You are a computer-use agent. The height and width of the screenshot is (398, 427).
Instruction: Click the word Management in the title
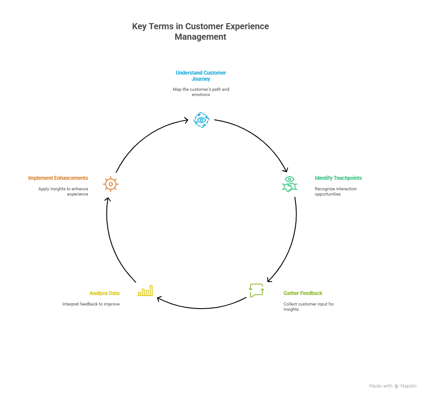pos(200,37)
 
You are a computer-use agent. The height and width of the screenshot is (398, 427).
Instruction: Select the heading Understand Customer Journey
pos(201,76)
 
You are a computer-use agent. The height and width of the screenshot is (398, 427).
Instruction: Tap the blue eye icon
pos(201,120)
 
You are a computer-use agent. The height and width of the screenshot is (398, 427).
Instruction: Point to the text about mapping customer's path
pos(201,92)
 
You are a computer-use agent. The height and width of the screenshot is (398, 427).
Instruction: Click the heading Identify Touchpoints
pos(338,178)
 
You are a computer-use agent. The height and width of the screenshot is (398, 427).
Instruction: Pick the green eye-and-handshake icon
pos(289,184)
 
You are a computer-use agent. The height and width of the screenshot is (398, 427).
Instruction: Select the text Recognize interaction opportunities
pos(335,192)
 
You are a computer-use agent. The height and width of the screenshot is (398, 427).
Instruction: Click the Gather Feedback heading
pos(303,293)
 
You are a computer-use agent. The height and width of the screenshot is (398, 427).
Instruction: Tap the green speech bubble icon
pos(256,290)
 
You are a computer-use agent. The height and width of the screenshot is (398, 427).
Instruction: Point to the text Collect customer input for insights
pos(308,306)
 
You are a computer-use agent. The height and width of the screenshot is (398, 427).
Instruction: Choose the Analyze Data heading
pos(104,293)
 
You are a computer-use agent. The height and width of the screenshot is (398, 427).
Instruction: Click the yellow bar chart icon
pos(145,291)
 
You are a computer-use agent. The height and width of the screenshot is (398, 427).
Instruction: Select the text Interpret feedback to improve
pos(91,304)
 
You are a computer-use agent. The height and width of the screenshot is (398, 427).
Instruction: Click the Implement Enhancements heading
pos(58,178)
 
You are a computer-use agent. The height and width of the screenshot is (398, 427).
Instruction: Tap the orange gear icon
pos(111,184)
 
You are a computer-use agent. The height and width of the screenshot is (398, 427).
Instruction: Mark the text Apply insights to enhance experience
pos(63,192)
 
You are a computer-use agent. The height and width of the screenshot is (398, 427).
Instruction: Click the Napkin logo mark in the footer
pos(396,386)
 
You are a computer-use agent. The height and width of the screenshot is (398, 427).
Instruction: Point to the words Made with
pos(380,386)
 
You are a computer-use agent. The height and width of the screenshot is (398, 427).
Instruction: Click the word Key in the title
pos(139,26)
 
